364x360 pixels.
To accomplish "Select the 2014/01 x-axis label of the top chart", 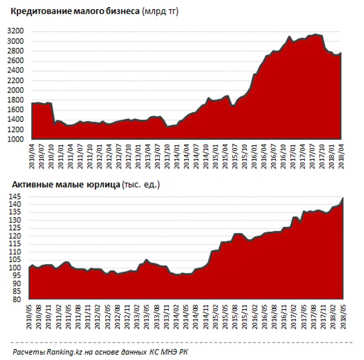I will coord(176,156).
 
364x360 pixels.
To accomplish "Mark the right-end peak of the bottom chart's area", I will coord(343,198).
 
